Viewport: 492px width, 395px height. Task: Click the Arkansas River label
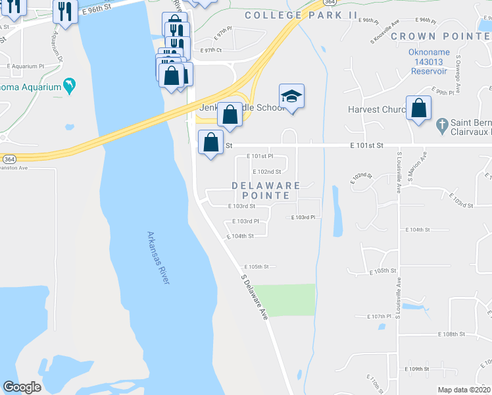tap(158, 258)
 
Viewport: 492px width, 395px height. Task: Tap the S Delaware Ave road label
tap(255, 297)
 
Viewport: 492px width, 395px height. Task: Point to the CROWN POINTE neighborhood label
tap(440, 36)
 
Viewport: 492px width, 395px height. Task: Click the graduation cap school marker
tap(291, 97)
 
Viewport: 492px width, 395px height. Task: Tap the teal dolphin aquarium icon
tap(68, 86)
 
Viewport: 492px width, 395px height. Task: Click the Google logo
tap(22, 387)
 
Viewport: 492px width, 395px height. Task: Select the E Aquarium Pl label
tap(26, 66)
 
